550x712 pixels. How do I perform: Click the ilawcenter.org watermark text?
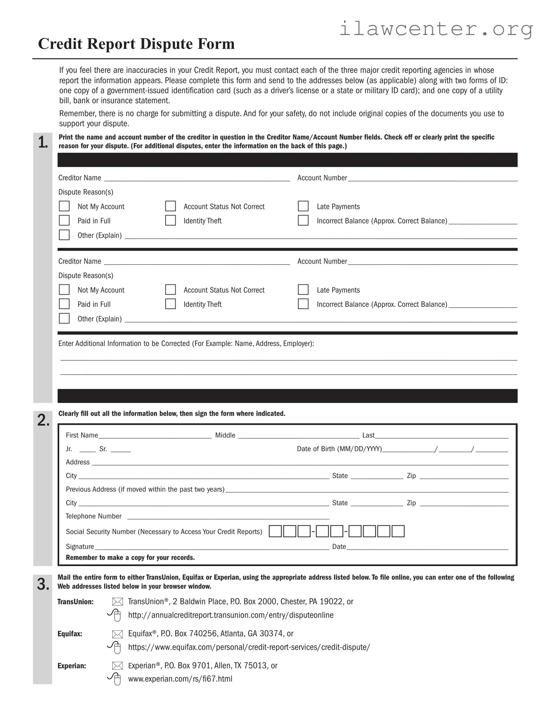(x=436, y=28)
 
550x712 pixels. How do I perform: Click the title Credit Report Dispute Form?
(x=136, y=44)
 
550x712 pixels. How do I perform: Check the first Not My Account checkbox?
(x=64, y=206)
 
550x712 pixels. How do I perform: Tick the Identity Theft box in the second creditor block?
(x=170, y=304)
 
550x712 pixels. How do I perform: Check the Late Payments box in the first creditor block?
(x=303, y=206)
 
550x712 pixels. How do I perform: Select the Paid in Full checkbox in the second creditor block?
(x=64, y=304)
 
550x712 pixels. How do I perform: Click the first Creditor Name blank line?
(x=197, y=178)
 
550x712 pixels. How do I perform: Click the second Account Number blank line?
(x=433, y=262)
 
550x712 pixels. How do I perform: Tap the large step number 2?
(x=43, y=420)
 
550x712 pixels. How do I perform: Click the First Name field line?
(x=155, y=436)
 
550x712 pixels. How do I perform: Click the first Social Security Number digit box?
(x=275, y=531)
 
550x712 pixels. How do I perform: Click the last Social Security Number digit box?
(x=398, y=531)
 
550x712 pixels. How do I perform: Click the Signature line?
(x=212, y=547)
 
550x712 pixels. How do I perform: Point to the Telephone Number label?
(x=94, y=516)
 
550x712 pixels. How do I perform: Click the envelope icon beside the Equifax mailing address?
(x=117, y=634)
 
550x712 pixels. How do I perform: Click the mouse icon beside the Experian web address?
(x=115, y=679)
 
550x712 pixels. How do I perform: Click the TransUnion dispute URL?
(x=231, y=615)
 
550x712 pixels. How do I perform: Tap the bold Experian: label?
(x=72, y=666)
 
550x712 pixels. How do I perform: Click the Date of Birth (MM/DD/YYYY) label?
(x=339, y=449)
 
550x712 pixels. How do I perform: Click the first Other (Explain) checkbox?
(x=64, y=235)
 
